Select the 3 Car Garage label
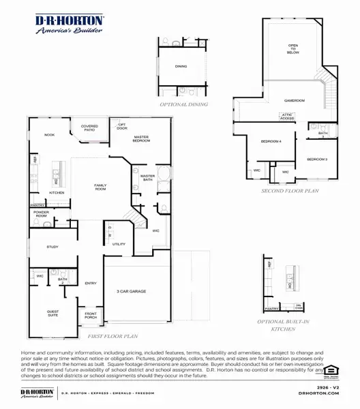pyautogui.click(x=132, y=292)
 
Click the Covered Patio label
pyautogui.click(x=89, y=127)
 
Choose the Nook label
pyautogui.click(x=50, y=135)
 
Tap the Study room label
pyautogui.click(x=52, y=247)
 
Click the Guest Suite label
pyautogui.click(x=52, y=314)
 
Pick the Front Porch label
pyautogui.click(x=91, y=316)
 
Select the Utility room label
pyautogui.click(x=119, y=243)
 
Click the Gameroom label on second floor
pyautogui.click(x=294, y=100)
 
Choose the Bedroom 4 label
pyautogui.click(x=271, y=141)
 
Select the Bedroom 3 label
pyautogui.click(x=316, y=159)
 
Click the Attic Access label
pyautogui.click(x=287, y=117)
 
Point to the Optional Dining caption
pyautogui.click(x=183, y=105)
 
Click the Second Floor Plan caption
pyautogui.click(x=290, y=192)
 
